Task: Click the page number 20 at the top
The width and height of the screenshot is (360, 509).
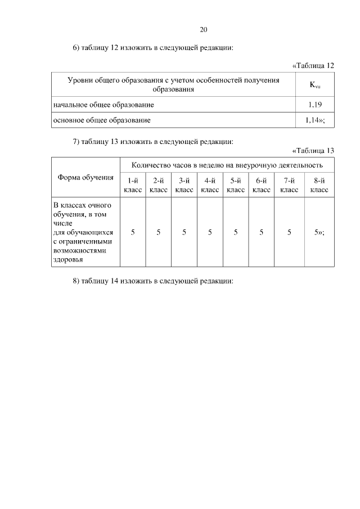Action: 204,30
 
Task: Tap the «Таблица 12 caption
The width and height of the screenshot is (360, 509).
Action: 313,66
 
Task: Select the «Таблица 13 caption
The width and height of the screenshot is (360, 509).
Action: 313,150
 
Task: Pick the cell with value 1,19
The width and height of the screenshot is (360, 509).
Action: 315,105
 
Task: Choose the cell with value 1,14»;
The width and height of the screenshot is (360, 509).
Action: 315,120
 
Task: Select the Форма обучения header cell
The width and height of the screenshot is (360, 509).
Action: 85,178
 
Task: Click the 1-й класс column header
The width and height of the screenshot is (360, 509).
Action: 133,186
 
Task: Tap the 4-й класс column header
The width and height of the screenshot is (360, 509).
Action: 210,186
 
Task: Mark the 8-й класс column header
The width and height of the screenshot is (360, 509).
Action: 319,186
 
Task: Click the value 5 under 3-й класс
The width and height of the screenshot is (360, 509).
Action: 184,232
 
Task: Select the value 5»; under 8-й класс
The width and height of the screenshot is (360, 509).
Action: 319,232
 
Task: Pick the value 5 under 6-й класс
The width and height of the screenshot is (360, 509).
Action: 262,232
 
